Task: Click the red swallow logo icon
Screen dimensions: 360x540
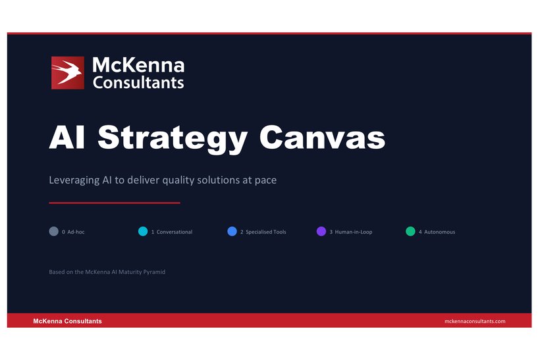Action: coord(68,72)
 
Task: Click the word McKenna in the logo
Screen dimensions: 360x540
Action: coord(138,65)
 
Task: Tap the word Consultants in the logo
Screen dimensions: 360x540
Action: coord(138,82)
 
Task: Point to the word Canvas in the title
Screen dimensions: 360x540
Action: coord(322,138)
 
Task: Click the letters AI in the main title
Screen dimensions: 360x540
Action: coord(68,138)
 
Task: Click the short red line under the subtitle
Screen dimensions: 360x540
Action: coord(115,203)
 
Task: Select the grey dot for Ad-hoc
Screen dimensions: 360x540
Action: coord(53,232)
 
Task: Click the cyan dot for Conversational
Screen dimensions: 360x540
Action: coord(143,232)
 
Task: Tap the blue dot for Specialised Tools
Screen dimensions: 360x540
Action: coord(232,232)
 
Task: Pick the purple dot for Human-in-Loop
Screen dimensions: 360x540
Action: coord(321,232)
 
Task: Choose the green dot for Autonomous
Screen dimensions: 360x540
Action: coord(410,232)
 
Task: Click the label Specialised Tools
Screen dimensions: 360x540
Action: coord(266,232)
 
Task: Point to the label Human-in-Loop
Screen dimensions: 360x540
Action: coord(354,232)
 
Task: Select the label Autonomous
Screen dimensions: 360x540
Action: coord(439,232)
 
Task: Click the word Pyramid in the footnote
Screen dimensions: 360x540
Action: coord(155,272)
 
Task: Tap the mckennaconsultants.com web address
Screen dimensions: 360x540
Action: coord(475,321)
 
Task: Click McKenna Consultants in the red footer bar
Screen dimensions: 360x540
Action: coord(68,321)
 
